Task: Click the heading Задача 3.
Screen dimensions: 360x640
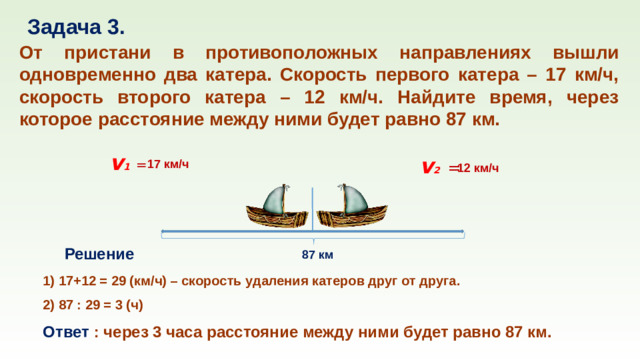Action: (75, 25)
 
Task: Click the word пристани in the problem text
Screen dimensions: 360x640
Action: (123, 52)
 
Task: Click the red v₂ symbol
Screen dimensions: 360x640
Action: (432, 167)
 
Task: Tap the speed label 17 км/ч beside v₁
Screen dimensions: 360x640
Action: (168, 164)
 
